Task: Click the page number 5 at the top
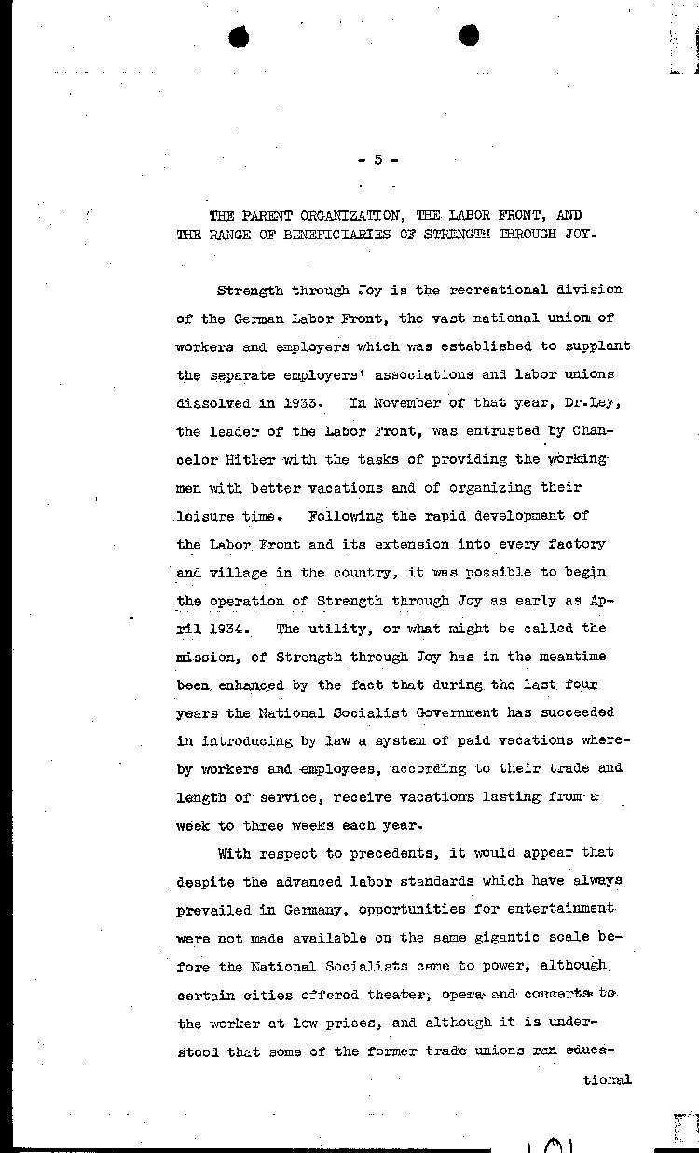pos(377,159)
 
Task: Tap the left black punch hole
pos(240,36)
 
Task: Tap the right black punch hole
pos(469,35)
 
